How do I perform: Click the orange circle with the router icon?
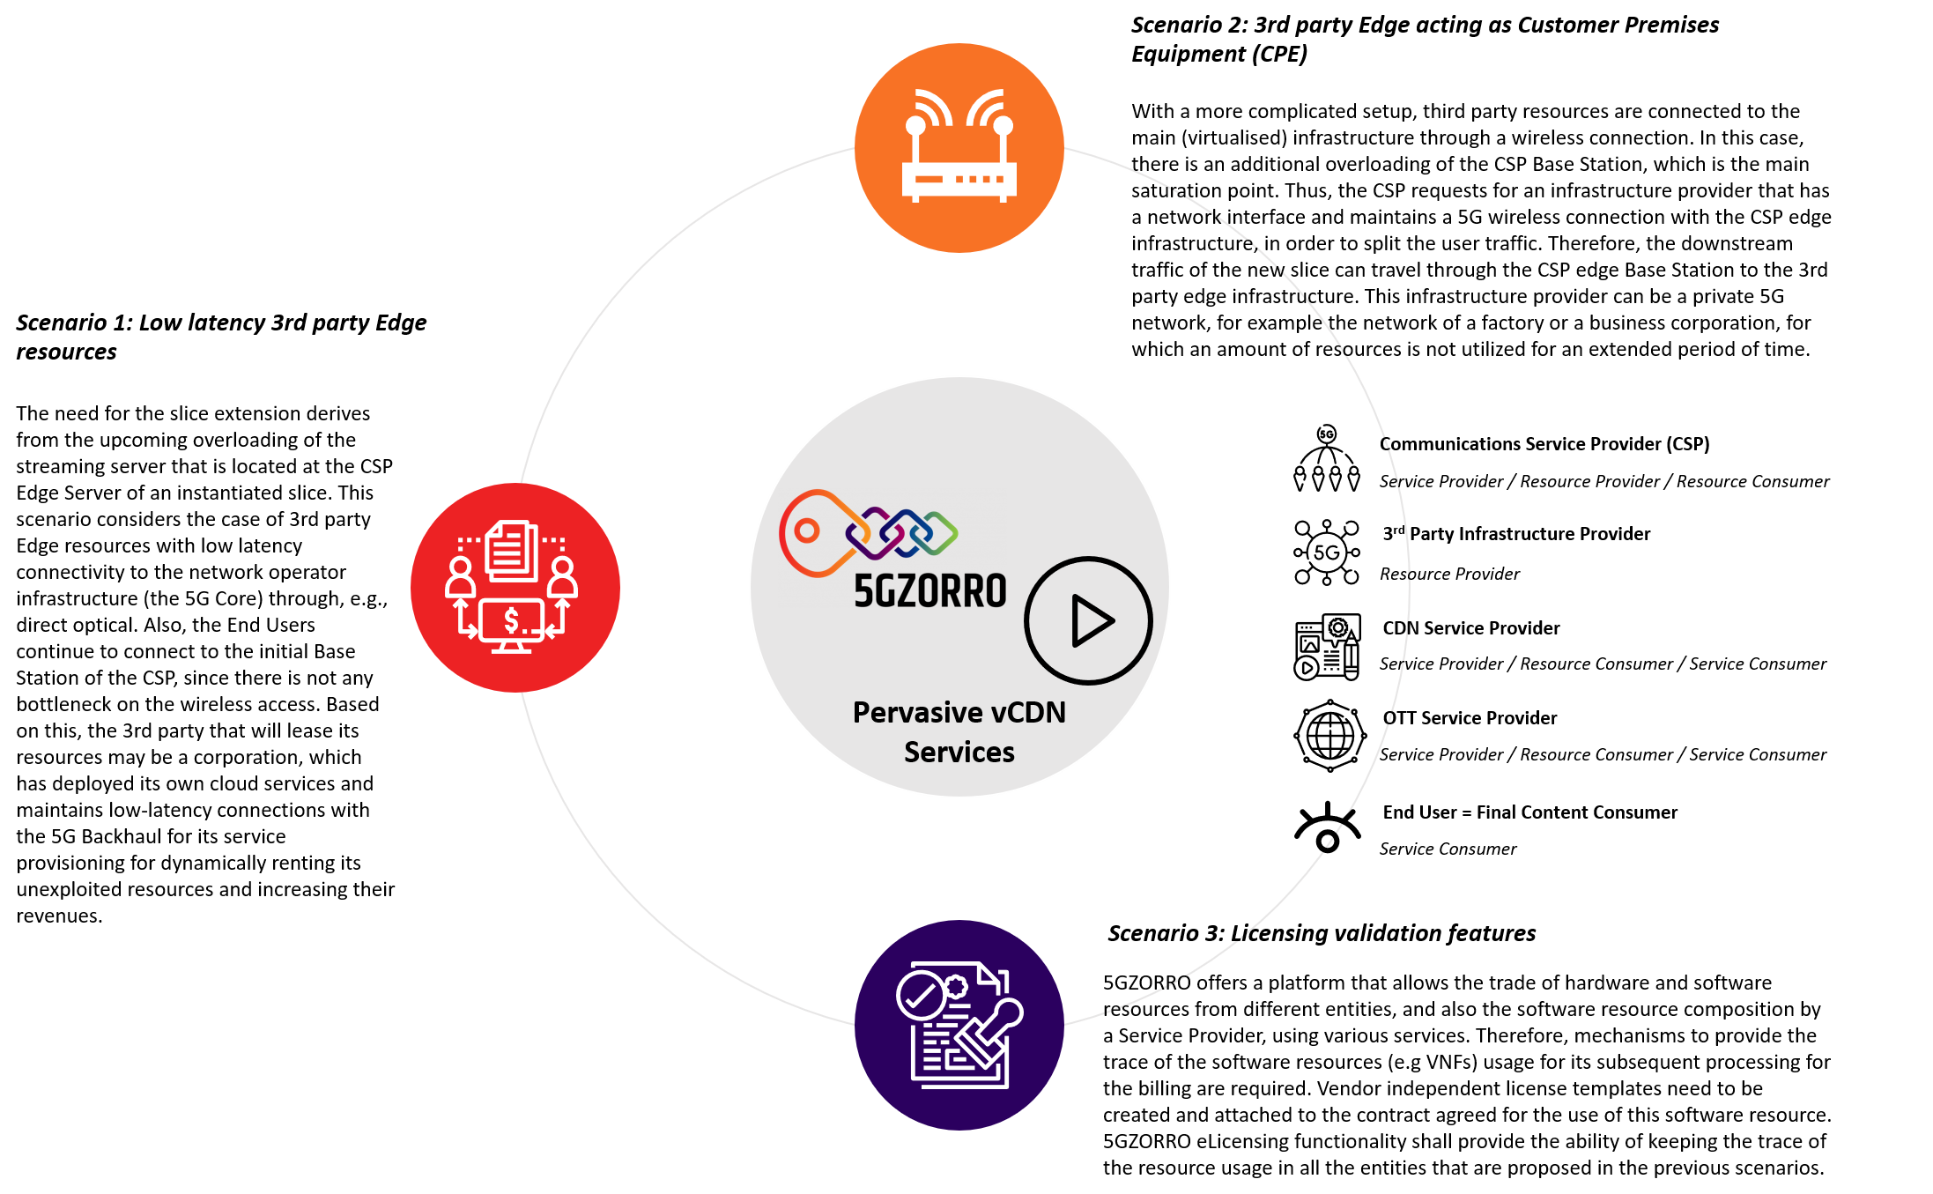pos(959,148)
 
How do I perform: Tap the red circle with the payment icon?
pos(515,588)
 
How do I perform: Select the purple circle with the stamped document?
pos(959,1025)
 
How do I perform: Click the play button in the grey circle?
pos(1089,620)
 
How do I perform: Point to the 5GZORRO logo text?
pos(930,591)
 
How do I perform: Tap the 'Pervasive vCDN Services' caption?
pos(959,731)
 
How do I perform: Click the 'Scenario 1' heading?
pos(221,337)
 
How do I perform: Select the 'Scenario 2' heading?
pos(1425,39)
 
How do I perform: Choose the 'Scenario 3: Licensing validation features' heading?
pos(1322,933)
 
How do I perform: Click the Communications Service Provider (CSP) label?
pos(1544,443)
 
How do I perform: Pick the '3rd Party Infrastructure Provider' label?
pos(1516,533)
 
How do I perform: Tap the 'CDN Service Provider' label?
pos(1471,627)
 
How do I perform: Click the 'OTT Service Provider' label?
pos(1470,717)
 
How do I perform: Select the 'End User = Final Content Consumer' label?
pos(1530,812)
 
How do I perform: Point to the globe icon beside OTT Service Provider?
pos(1329,736)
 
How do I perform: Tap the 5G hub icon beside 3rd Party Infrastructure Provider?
pos(1327,553)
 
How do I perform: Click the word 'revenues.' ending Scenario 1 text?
pos(59,916)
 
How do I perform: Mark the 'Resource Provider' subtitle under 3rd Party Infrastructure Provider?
pos(1449,574)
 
